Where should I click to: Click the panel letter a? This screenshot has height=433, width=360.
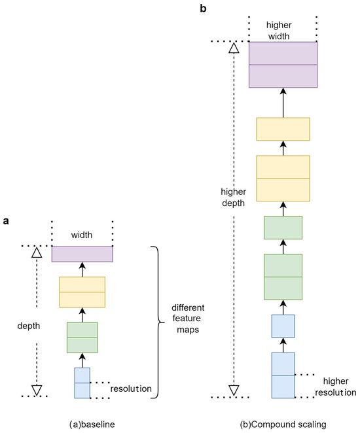click(6, 222)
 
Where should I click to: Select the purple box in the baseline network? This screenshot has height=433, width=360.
click(82, 254)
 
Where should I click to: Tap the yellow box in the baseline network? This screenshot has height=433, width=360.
click(82, 292)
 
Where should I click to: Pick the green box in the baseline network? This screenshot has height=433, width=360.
click(82, 336)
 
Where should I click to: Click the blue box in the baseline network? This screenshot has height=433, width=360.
click(82, 383)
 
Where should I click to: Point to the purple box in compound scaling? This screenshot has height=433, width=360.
click(283, 65)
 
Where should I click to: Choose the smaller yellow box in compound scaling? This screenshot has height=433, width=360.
click(283, 130)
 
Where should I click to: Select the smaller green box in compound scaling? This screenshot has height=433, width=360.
click(283, 227)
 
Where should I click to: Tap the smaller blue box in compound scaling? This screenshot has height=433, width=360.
click(283, 326)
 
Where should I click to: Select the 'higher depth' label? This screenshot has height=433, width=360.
click(234, 197)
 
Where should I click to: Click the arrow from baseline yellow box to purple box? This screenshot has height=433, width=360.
click(82, 269)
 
